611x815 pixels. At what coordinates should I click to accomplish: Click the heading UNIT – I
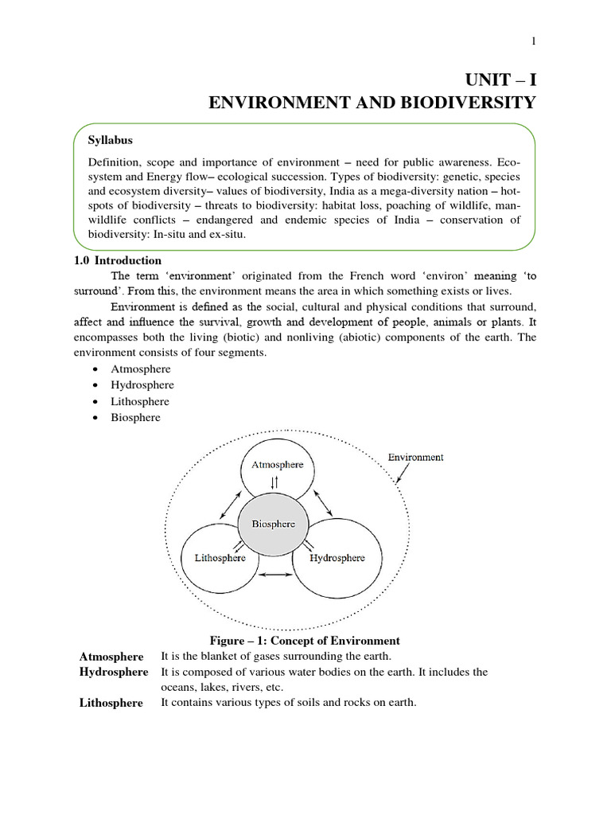(500, 80)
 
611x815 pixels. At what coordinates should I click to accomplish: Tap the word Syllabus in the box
(111, 140)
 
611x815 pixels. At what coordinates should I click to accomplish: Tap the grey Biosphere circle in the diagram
(273, 524)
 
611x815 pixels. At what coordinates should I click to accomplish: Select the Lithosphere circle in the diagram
(220, 557)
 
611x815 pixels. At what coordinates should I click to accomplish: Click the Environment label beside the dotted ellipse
(415, 458)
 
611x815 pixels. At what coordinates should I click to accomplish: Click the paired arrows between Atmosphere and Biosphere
(274, 483)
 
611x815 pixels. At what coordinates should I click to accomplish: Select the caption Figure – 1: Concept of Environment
(305, 641)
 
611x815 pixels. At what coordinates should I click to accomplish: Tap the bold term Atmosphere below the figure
(111, 657)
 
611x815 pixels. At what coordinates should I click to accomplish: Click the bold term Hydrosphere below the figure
(114, 673)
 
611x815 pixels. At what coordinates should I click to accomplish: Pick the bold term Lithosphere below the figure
(111, 703)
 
